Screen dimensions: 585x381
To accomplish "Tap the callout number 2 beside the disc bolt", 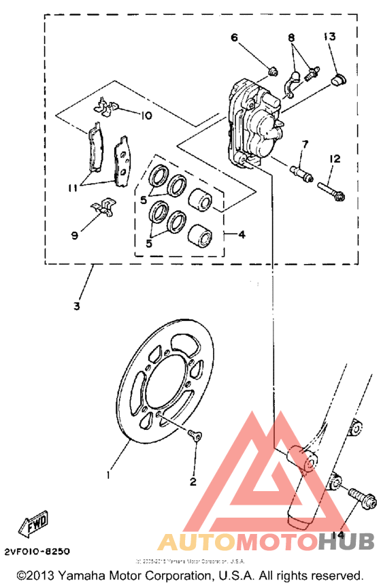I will click(x=193, y=482).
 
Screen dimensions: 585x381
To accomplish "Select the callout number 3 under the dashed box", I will click(x=76, y=305).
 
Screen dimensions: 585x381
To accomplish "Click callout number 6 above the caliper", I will click(x=234, y=38).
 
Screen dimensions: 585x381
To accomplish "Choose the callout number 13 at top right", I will click(x=330, y=37).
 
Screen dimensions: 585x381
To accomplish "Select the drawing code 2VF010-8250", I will click(x=37, y=552).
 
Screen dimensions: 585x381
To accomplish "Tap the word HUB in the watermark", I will click(x=346, y=541).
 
